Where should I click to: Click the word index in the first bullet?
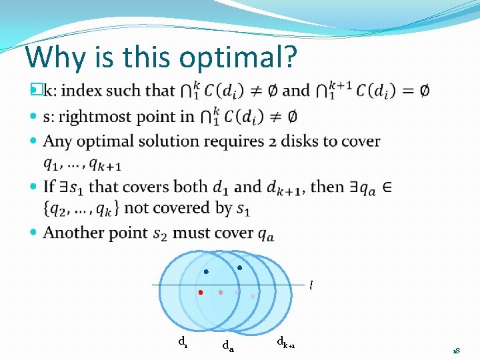tap(85, 90)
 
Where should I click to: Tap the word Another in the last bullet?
tap(73, 232)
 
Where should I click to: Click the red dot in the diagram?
tap(201, 292)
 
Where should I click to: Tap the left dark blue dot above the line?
tap(206, 271)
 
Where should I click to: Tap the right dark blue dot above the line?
tap(239, 268)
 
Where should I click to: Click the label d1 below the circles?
tap(182, 341)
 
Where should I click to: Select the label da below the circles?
tap(227, 345)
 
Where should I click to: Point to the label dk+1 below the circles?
tap(286, 343)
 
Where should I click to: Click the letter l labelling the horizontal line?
tap(310, 286)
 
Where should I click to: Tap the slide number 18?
tap(457, 351)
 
